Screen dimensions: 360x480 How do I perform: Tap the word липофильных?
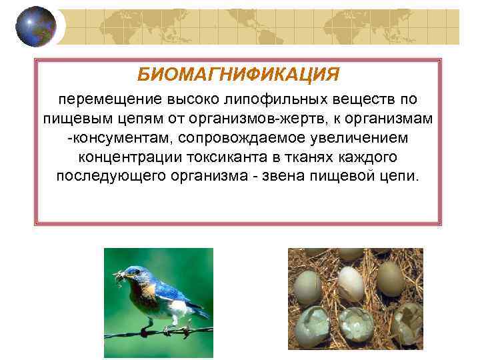pos(267,99)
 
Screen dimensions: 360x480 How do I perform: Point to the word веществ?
pos(357,99)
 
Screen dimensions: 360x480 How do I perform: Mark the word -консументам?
pos(111,139)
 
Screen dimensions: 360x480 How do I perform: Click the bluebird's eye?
pos(137,272)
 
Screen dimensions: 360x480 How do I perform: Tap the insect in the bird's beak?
pos(119,274)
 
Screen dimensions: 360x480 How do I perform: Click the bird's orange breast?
pos(148,291)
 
